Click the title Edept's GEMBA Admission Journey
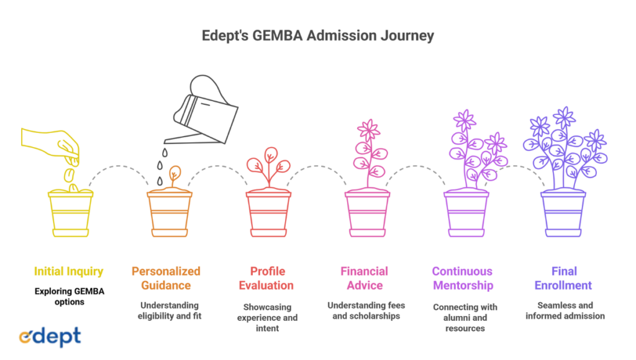[x=317, y=35]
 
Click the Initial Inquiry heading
[x=68, y=271]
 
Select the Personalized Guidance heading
[x=166, y=278]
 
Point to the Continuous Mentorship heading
[x=463, y=278]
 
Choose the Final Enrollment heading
[x=564, y=278]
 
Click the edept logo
[x=50, y=336]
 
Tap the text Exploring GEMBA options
[x=68, y=296]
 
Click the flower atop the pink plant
[x=368, y=130]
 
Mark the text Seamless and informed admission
[x=565, y=310]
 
